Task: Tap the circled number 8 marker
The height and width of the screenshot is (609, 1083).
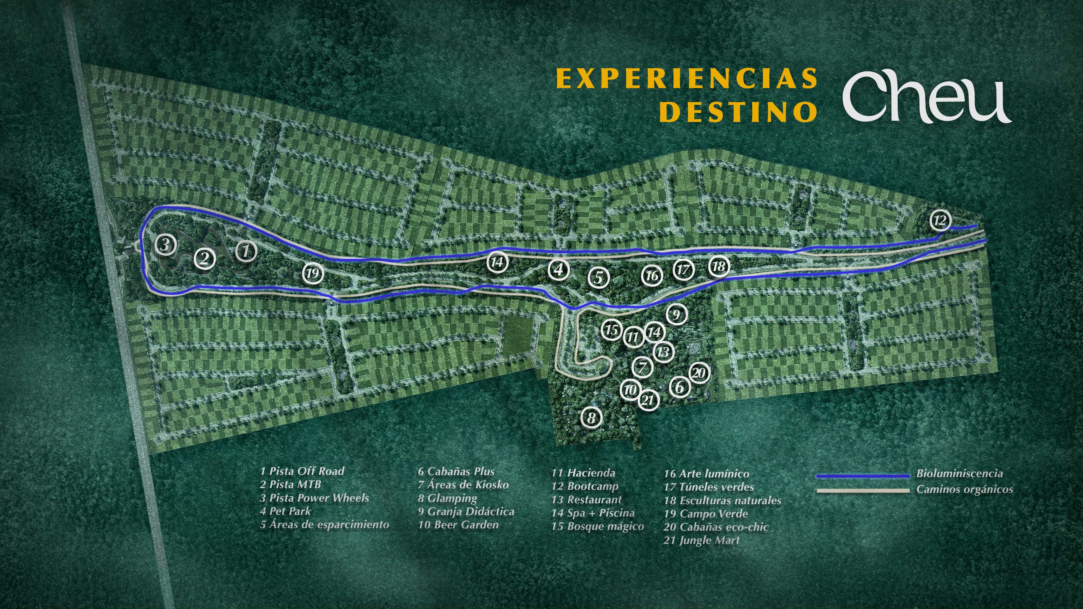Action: tap(591, 418)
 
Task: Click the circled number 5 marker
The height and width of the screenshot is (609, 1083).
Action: tap(598, 277)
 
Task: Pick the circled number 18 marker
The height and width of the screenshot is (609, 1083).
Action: tap(719, 266)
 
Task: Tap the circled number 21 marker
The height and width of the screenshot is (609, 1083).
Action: tap(648, 400)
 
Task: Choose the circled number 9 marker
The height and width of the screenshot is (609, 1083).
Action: tap(676, 314)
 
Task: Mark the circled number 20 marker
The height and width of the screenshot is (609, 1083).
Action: tap(698, 373)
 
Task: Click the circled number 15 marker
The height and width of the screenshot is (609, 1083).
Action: tap(612, 330)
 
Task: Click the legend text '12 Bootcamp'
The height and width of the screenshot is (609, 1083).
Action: tap(585, 486)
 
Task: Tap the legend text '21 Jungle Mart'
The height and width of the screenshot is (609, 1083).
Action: tap(701, 540)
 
